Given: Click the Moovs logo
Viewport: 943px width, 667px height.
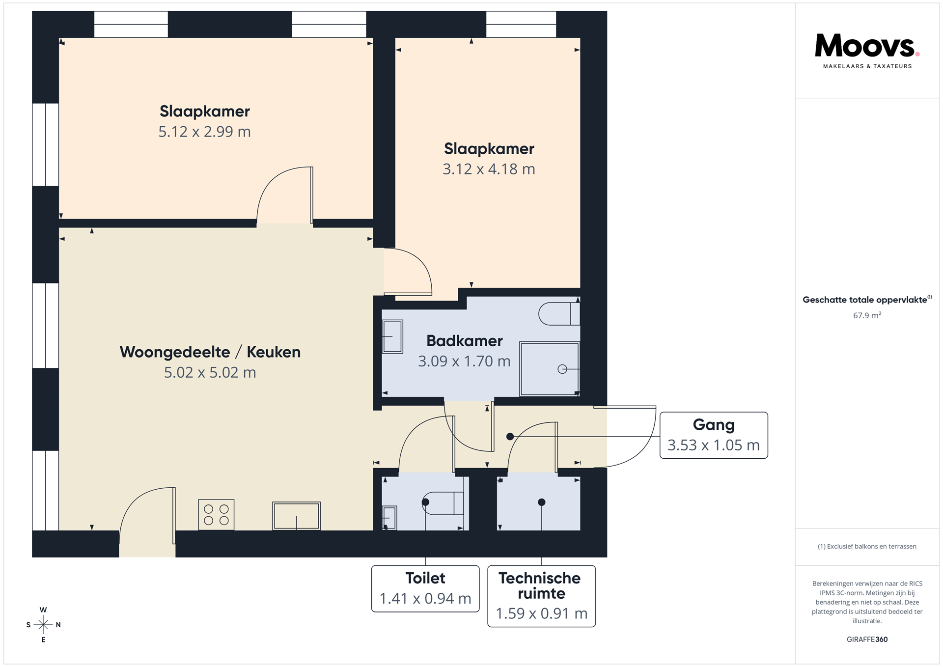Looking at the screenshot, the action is click(x=867, y=51).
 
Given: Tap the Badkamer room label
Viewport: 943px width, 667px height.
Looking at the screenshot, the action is click(x=464, y=340).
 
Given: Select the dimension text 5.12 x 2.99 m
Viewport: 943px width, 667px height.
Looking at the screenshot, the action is click(x=204, y=132).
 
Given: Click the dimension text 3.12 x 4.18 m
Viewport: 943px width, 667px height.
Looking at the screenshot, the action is click(x=489, y=169).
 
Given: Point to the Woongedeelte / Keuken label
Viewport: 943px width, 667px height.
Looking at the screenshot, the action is click(x=210, y=352).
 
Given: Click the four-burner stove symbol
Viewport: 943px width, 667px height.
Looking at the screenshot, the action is click(x=216, y=515).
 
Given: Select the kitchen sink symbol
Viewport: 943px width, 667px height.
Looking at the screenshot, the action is click(x=296, y=516).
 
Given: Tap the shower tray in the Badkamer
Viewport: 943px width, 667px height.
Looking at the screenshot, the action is click(x=550, y=369).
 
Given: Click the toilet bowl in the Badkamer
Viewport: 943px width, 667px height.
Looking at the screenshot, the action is click(x=559, y=314).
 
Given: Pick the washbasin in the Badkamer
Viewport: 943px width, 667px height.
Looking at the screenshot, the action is click(x=392, y=336).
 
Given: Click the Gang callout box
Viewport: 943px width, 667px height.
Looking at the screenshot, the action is click(x=714, y=435).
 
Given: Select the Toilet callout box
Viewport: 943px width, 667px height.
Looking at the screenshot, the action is click(x=425, y=588).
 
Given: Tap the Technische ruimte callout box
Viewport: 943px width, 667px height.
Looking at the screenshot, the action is click(x=541, y=596).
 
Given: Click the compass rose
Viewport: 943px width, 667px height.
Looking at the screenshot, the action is click(x=43, y=625).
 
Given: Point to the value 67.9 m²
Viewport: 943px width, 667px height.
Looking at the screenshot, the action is click(x=867, y=315).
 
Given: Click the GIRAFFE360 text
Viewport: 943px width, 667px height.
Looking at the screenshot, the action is click(x=867, y=639).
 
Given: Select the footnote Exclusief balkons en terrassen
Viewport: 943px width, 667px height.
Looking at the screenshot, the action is click(x=867, y=546).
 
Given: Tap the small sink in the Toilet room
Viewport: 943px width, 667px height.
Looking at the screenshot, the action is click(x=389, y=518).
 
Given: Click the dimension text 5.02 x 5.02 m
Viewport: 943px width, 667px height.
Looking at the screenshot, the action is click(x=210, y=372).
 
